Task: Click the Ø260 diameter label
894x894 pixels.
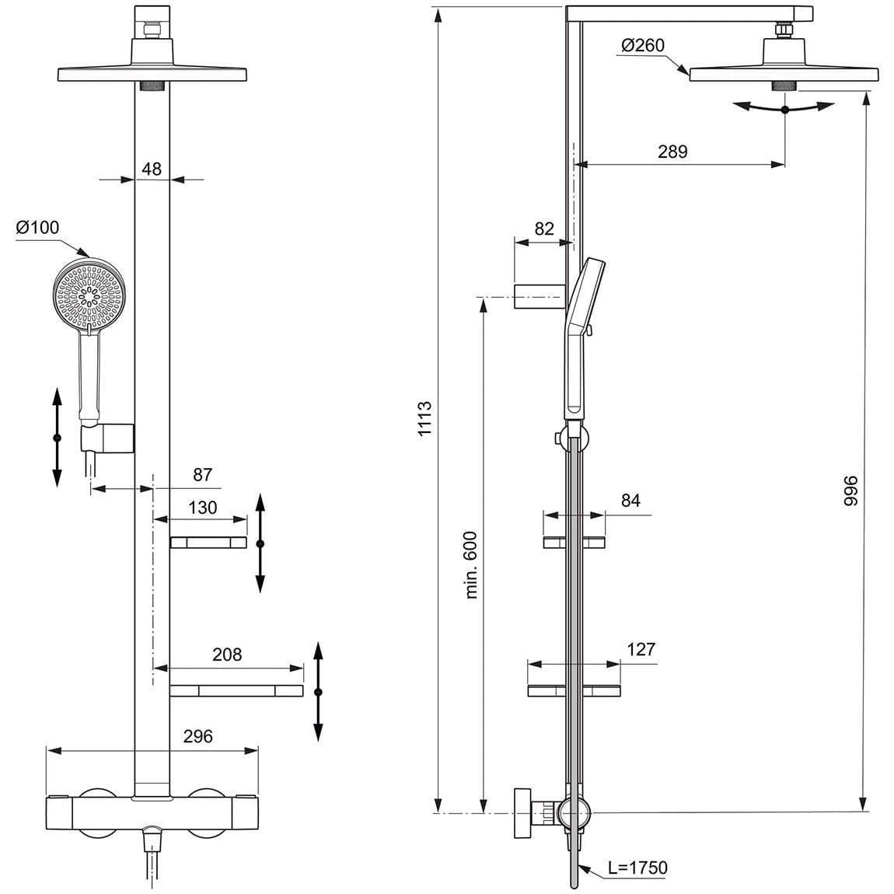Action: pos(643,46)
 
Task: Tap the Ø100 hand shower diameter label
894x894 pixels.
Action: pos(37,228)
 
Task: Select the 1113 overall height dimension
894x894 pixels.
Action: pos(424,418)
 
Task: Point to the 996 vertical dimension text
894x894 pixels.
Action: pos(850,491)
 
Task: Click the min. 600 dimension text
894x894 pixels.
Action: pos(471,564)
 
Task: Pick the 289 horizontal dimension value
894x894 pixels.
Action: pos(672,152)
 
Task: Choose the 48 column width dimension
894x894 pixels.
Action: pos(152,168)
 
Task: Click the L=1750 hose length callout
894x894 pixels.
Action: pos(637,868)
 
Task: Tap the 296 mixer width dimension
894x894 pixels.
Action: pos(197,736)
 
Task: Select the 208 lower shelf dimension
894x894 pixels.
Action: pos(227,655)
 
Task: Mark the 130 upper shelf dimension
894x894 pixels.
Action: pos(203,508)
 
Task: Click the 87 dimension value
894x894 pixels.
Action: pos(202,475)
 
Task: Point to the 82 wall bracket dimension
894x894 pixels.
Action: pos(544,229)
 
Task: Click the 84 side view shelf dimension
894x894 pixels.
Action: pos(630,501)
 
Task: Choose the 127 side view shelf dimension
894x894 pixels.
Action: pos(641,649)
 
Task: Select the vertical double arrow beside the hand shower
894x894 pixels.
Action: pos(57,438)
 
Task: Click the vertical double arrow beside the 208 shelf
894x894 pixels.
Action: pos(318,692)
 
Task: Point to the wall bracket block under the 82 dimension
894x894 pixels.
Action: pos(537,297)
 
